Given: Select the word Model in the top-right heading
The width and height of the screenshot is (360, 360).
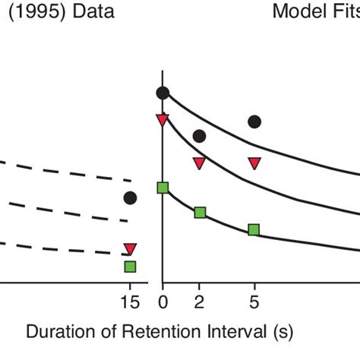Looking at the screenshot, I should (298, 13).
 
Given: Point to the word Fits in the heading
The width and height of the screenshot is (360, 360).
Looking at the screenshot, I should (343, 13).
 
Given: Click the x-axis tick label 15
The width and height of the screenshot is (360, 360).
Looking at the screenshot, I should (130, 302).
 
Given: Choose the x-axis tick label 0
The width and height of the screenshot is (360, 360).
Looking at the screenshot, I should (163, 302).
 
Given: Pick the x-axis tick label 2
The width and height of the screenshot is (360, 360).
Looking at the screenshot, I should (199, 302).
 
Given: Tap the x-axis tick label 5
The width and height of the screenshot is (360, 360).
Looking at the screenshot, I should (254, 302).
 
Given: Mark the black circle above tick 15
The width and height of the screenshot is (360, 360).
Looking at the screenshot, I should (130, 198).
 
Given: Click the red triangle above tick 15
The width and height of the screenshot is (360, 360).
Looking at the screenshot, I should (130, 248).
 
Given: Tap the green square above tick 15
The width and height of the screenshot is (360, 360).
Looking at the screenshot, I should (130, 266).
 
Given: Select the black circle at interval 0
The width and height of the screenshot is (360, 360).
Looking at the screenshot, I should (163, 93).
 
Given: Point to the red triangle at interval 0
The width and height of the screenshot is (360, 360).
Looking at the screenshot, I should (163, 119).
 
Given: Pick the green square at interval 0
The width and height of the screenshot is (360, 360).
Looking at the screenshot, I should (163, 188).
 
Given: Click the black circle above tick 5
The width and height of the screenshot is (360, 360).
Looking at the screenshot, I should (254, 122).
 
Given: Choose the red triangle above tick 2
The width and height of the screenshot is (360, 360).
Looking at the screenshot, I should (199, 163).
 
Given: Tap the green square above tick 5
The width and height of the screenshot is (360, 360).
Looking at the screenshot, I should (254, 229).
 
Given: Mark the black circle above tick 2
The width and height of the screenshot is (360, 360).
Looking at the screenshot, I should (199, 136).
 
